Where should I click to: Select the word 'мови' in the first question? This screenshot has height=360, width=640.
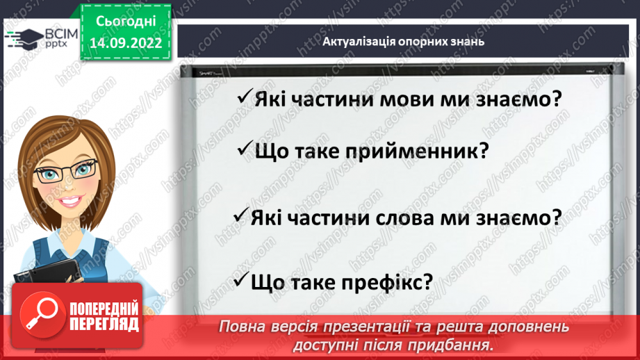pyautogui.click(x=418, y=99)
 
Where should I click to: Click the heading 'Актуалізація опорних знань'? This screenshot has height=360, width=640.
pyautogui.click(x=403, y=41)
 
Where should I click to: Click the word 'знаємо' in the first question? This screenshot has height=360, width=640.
pyautogui.click(x=514, y=99)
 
